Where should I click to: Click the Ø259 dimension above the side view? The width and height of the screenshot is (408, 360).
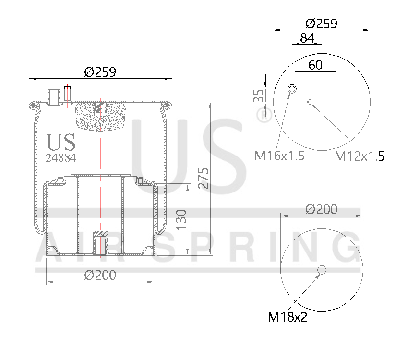click(x=100, y=72)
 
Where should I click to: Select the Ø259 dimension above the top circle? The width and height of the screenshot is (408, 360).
click(x=321, y=23)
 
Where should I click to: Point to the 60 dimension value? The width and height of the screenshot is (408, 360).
click(x=315, y=65)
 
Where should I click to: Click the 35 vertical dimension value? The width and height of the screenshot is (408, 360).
click(x=259, y=95)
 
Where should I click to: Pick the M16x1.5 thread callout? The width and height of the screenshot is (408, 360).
click(x=279, y=156)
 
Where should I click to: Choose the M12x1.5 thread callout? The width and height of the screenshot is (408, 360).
click(x=359, y=156)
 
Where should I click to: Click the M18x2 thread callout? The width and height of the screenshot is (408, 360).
click(x=288, y=317)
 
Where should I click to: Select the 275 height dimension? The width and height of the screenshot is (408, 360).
click(x=203, y=179)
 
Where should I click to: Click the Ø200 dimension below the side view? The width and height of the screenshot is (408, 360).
click(x=100, y=275)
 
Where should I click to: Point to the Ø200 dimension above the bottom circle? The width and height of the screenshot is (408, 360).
click(x=321, y=209)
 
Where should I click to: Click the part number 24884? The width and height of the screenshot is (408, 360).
click(x=60, y=157)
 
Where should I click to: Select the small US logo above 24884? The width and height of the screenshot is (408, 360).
click(x=60, y=142)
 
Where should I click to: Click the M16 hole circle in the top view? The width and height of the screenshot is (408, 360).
click(x=292, y=89)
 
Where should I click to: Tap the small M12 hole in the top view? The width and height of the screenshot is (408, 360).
click(x=310, y=101)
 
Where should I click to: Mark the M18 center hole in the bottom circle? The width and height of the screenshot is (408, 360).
click(x=321, y=270)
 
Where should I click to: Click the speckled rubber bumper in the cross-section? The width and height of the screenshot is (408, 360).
click(x=100, y=117)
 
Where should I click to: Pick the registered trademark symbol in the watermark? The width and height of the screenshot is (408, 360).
click(x=262, y=115)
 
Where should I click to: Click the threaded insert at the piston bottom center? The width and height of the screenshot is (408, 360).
click(x=100, y=244)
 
